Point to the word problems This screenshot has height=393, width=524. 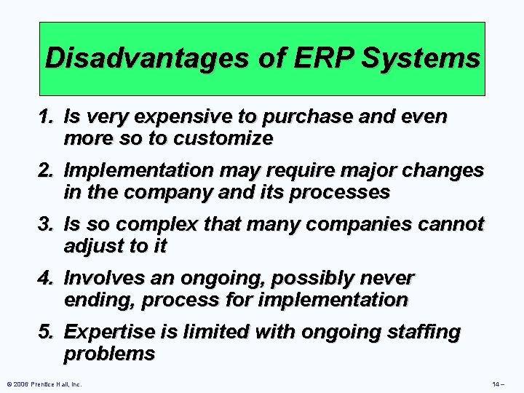tap(109, 354)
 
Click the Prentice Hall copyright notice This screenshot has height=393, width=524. tap(44, 384)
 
